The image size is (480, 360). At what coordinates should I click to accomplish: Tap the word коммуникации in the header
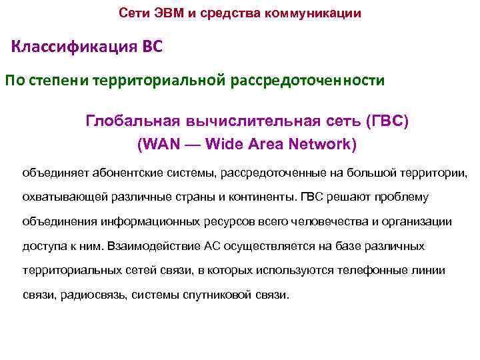point(321,13)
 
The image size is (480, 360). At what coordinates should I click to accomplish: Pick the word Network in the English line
point(324,144)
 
